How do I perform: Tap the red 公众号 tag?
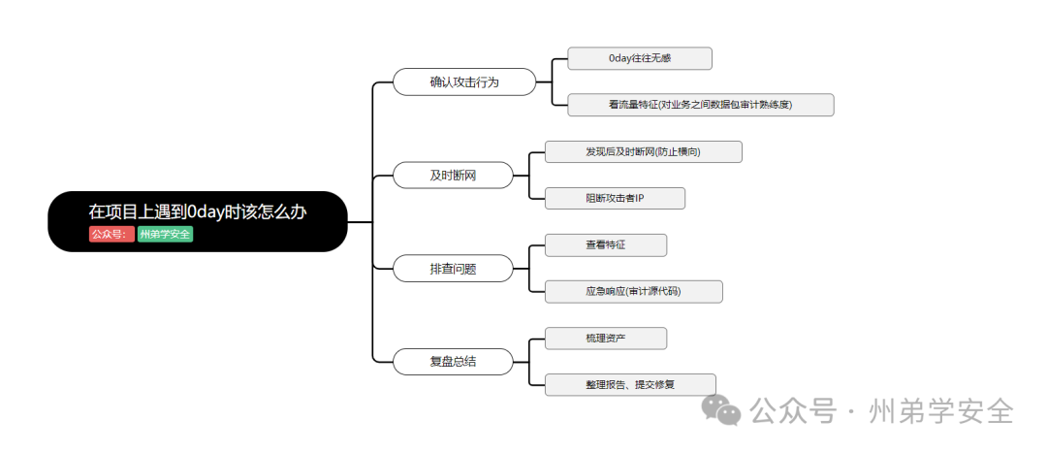[x=111, y=234]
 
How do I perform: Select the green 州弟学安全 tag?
[x=165, y=234]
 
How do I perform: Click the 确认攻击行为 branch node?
[x=464, y=82]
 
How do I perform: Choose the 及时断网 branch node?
[x=453, y=176]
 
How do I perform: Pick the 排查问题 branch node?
[x=453, y=269]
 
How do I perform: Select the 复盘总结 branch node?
[x=453, y=362]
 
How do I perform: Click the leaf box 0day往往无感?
[x=640, y=58]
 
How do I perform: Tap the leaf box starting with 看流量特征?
[x=700, y=105]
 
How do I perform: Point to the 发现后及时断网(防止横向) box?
[x=643, y=151]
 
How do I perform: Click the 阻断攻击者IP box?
[x=615, y=198]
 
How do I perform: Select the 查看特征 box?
[x=606, y=244]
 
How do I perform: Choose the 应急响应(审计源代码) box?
[x=633, y=291]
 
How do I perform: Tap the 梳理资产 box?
[x=606, y=338]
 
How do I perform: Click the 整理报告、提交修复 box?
[x=630, y=384]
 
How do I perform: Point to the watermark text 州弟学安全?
[x=941, y=411]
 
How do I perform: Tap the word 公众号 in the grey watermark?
[x=794, y=411]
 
